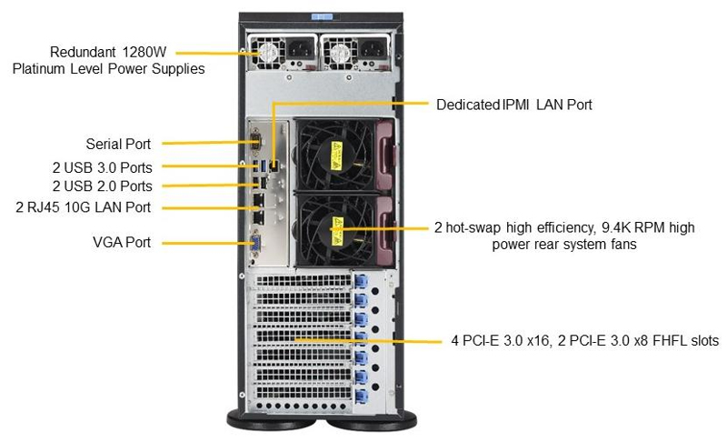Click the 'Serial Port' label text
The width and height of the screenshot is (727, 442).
pos(118,144)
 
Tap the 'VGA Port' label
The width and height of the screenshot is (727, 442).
pos(122,243)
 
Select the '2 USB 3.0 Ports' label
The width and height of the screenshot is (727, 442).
pos(102,167)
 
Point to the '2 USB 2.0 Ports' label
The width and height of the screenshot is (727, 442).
pos(102,186)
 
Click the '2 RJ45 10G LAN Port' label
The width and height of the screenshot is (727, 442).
pos(84,207)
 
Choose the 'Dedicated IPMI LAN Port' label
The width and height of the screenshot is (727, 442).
pos(513,105)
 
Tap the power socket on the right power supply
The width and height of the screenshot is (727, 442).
pos(371,52)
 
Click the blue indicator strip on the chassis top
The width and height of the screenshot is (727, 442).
pos(319,15)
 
